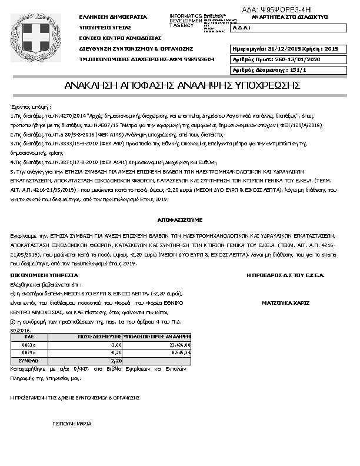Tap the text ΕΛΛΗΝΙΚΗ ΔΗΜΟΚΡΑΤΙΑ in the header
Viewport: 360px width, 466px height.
click(x=113, y=17)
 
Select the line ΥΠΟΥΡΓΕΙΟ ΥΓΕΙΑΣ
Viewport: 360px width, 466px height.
click(x=105, y=28)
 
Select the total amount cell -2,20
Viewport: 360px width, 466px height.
click(x=116, y=360)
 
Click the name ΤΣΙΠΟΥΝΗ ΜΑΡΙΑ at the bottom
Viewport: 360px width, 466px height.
click(x=72, y=423)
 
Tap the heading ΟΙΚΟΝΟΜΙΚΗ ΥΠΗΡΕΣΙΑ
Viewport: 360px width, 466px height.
click(x=44, y=275)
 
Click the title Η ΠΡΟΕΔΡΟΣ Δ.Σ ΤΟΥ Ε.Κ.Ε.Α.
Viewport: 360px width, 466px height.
click(x=285, y=275)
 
